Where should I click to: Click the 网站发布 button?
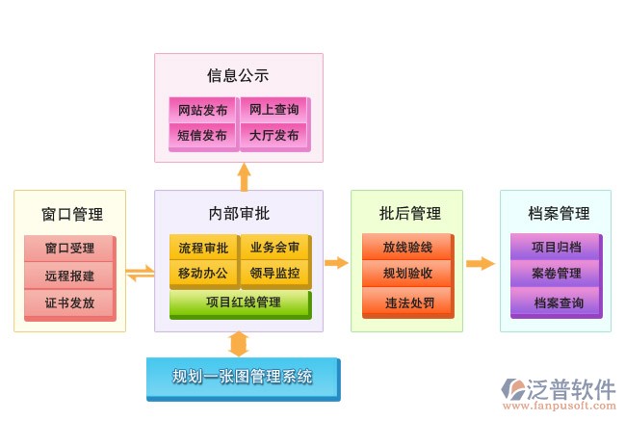tap(203, 109)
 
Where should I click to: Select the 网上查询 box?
tap(274, 109)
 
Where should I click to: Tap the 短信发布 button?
tap(203, 136)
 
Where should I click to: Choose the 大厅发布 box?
tap(274, 136)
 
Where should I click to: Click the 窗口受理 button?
tap(69, 249)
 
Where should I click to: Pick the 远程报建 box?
tap(69, 276)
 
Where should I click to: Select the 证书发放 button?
tap(69, 303)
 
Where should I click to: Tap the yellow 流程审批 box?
tap(203, 248)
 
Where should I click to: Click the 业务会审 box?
tap(274, 248)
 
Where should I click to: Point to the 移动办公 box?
tap(203, 274)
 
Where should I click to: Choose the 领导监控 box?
tap(274, 274)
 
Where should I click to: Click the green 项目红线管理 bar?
tap(240, 303)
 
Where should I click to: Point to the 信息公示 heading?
tap(238, 75)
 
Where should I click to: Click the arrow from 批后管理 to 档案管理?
tap(480, 263)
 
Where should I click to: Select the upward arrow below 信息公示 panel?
tap(244, 176)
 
